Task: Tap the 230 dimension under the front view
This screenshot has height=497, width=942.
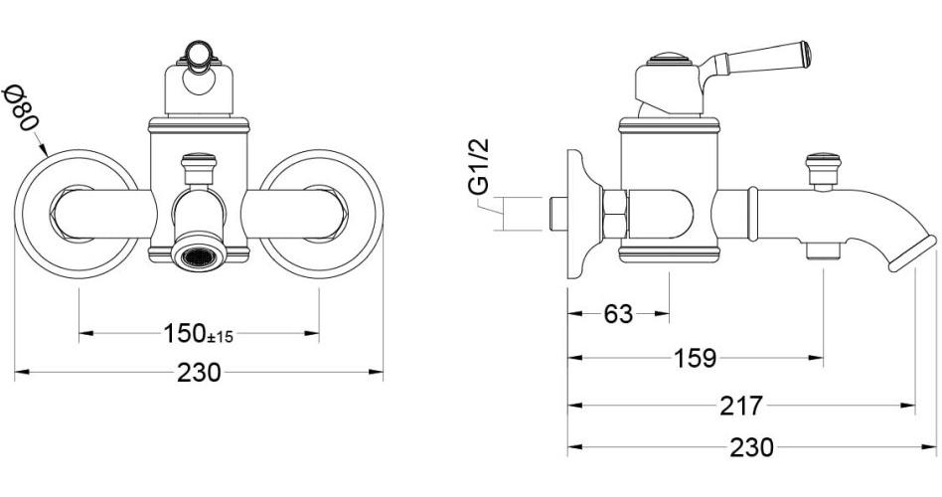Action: click(199, 373)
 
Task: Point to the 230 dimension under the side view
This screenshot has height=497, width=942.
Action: click(751, 447)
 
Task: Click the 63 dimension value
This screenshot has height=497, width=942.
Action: click(618, 314)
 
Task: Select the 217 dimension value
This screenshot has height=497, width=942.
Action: click(743, 406)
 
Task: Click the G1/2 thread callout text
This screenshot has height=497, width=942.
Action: click(479, 166)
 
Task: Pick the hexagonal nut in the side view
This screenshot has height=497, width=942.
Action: click(614, 216)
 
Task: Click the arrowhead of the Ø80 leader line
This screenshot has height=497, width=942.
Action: click(48, 152)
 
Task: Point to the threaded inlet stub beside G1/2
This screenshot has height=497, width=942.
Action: click(558, 214)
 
